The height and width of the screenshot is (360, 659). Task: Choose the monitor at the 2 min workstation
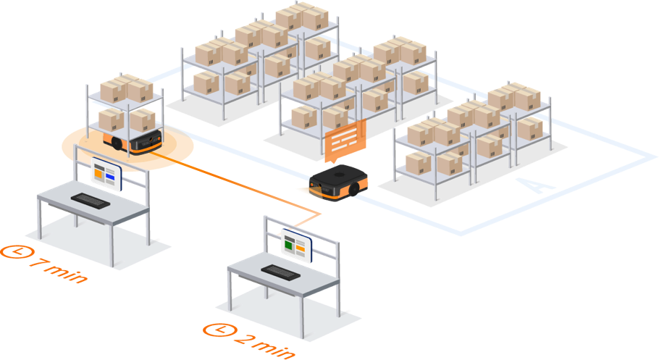296,246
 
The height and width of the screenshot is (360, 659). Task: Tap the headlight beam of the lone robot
303,189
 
